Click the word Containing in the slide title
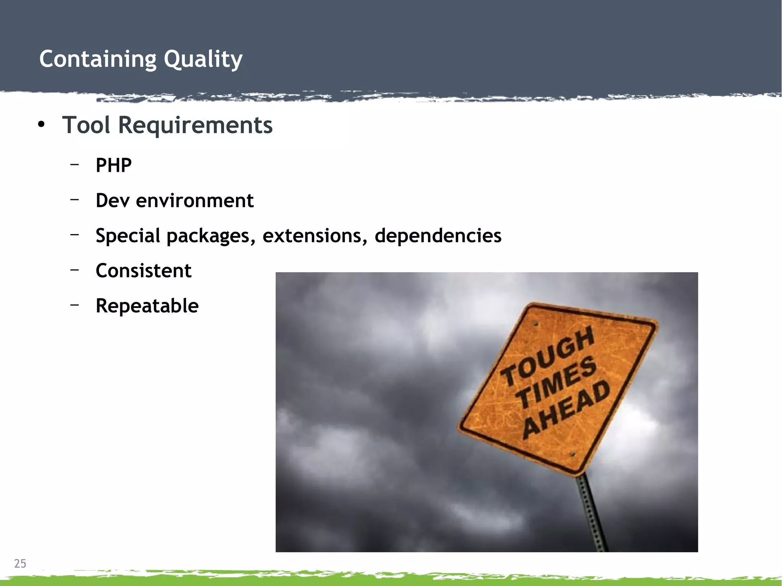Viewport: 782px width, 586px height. pyautogui.click(x=98, y=59)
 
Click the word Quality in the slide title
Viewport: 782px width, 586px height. pyautogui.click(x=203, y=59)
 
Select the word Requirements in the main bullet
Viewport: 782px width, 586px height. pyautogui.click(x=195, y=125)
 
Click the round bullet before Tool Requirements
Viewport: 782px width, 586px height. pyautogui.click(x=41, y=124)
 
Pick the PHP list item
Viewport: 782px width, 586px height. pyautogui.click(x=113, y=165)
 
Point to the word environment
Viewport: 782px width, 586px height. pyautogui.click(x=195, y=200)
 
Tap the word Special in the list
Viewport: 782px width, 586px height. pyautogui.click(x=128, y=236)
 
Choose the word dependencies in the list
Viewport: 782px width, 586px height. pyautogui.click(x=438, y=236)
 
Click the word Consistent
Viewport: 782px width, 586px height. pyautogui.click(x=144, y=271)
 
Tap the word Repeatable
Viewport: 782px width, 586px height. pyautogui.click(x=147, y=306)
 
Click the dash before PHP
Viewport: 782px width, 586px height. pyautogui.click(x=74, y=164)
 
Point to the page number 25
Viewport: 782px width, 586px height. pyautogui.click(x=20, y=563)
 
